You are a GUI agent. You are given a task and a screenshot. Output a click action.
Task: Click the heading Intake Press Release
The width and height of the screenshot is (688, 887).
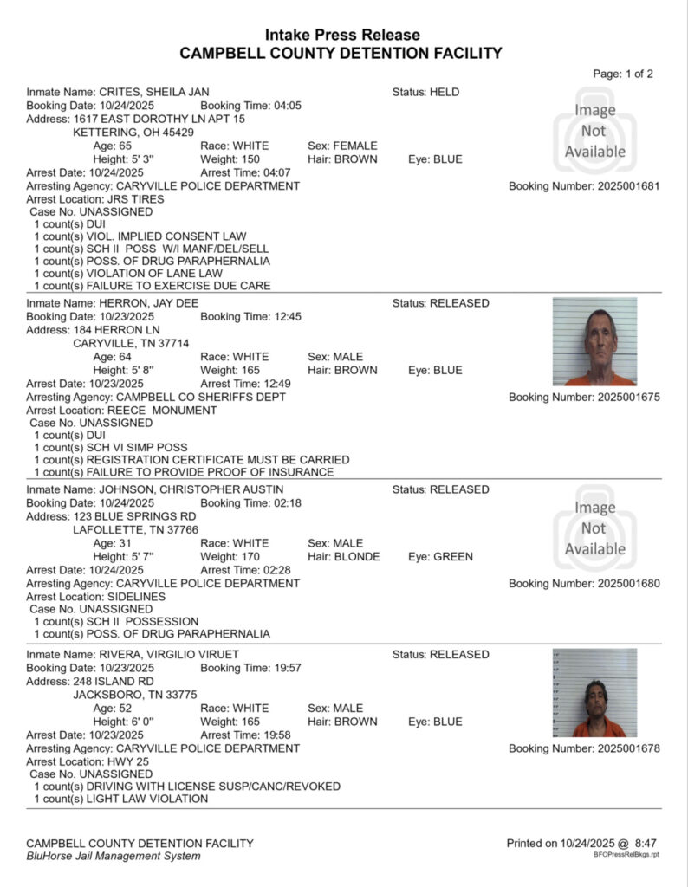[x=342, y=35]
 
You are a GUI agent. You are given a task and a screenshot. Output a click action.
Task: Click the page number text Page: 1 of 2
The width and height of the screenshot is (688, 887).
[x=623, y=74]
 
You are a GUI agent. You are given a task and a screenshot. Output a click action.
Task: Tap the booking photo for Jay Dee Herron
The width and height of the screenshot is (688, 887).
[x=594, y=342]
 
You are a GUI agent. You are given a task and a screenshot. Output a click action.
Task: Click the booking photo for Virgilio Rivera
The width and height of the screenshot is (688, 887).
[x=594, y=693]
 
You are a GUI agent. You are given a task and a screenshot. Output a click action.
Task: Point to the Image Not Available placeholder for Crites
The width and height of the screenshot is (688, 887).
[x=594, y=131]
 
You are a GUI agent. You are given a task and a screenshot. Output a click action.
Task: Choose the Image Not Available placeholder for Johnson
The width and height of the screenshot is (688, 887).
[x=594, y=528]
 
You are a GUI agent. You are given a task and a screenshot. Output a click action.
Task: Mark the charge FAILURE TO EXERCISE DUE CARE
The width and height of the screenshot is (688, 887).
[x=178, y=286]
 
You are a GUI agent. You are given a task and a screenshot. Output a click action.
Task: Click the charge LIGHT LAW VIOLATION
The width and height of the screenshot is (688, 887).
[x=146, y=799]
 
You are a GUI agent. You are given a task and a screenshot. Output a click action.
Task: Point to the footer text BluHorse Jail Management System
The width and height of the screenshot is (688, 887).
[x=114, y=856]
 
